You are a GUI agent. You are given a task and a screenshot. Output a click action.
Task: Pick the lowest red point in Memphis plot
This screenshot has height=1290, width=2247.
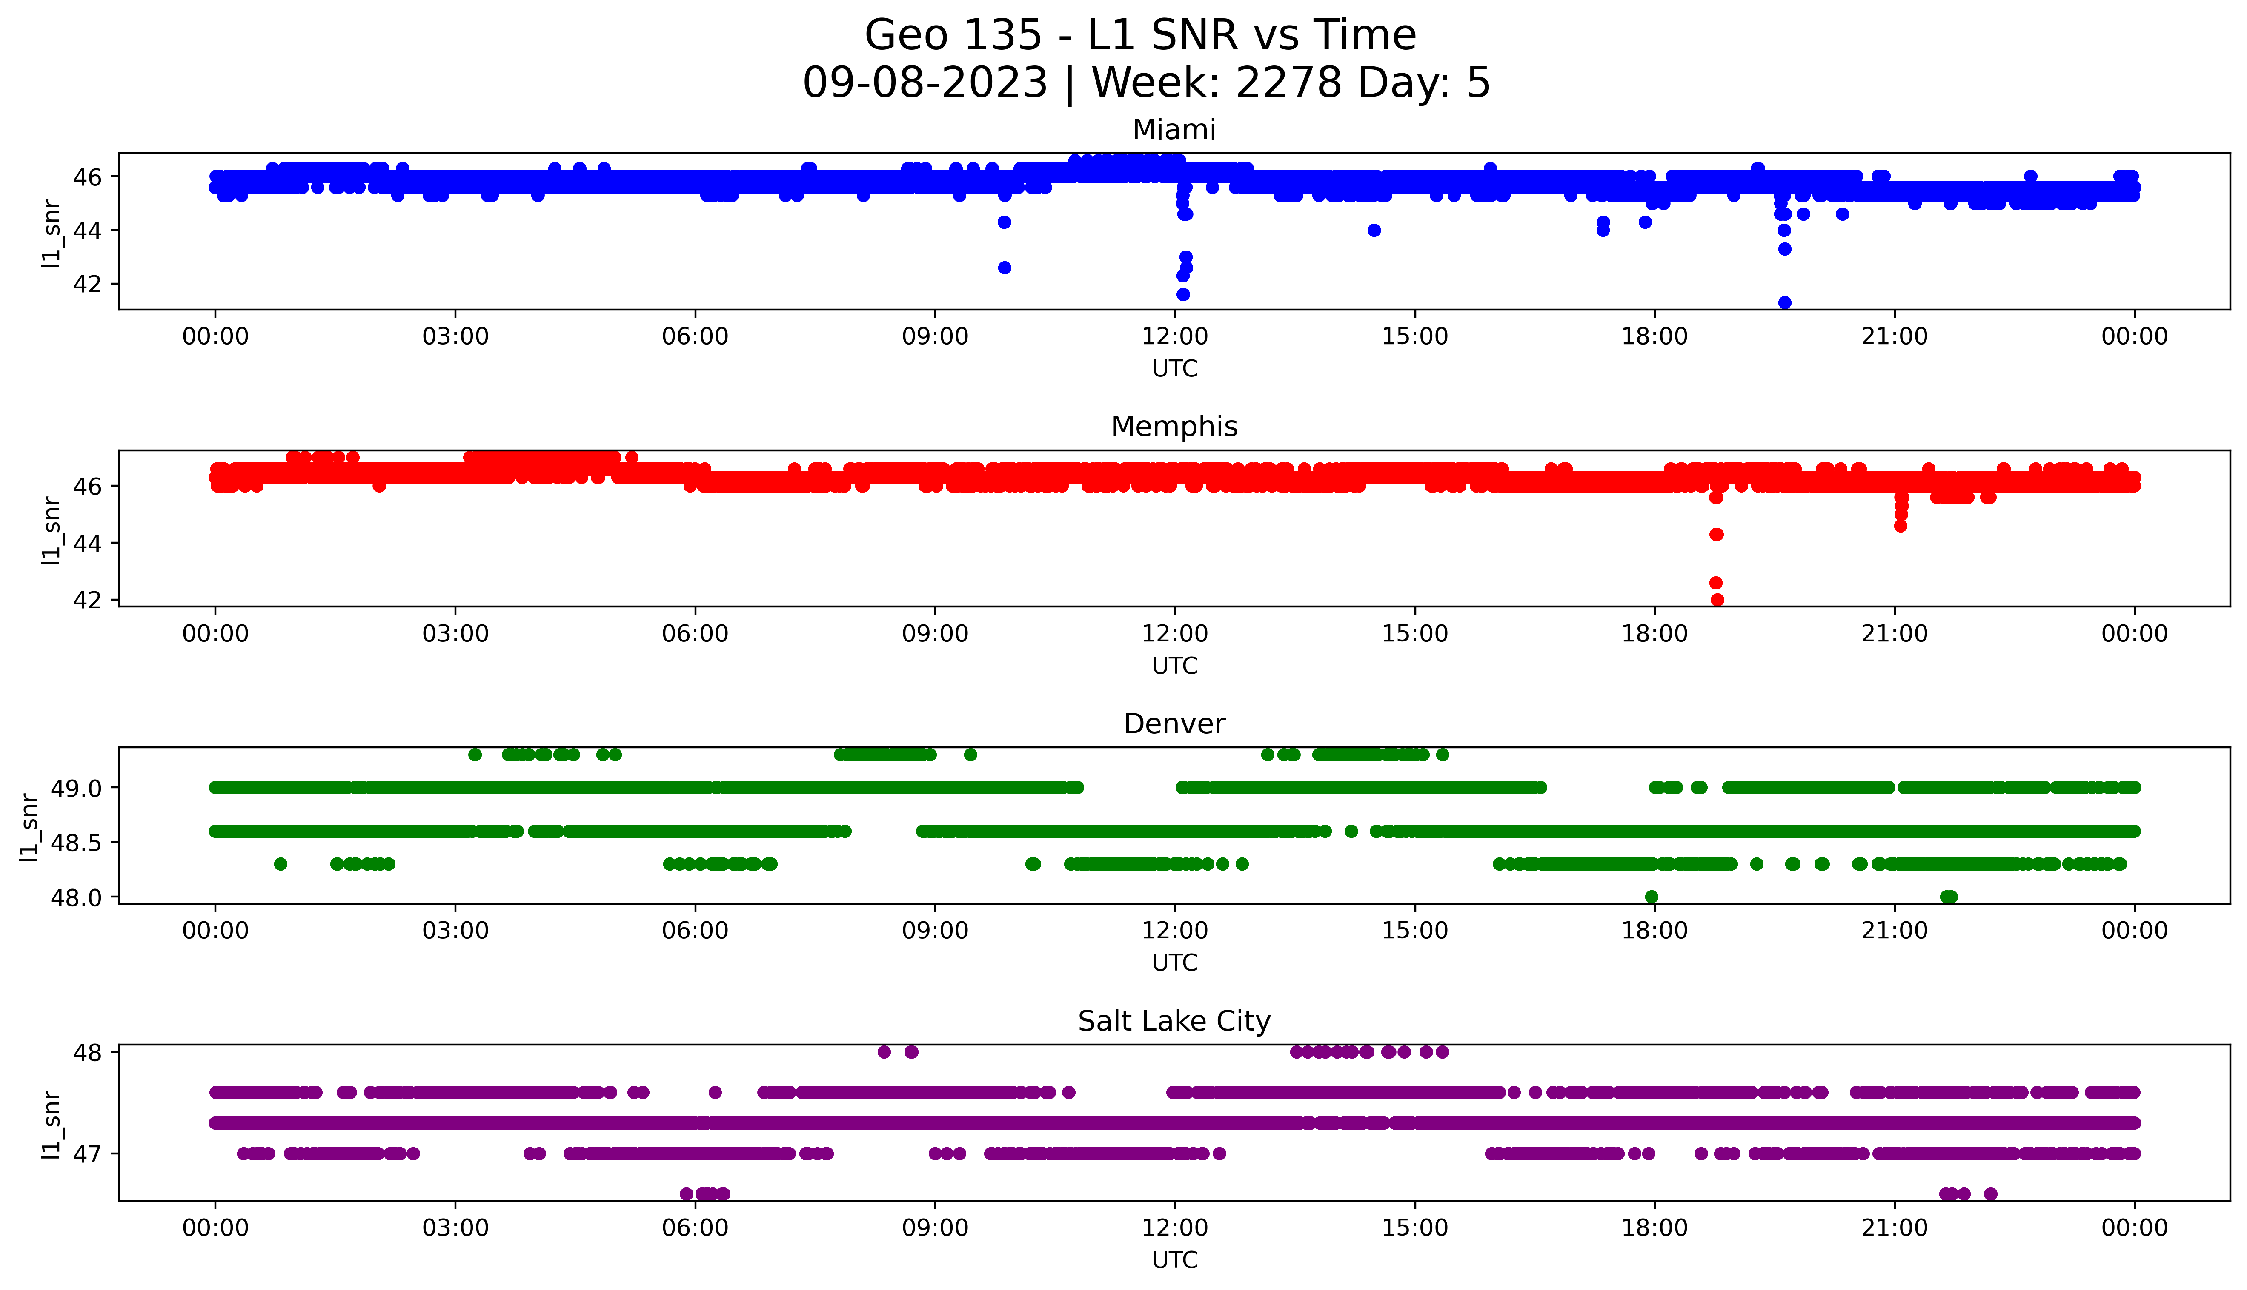point(1717,600)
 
